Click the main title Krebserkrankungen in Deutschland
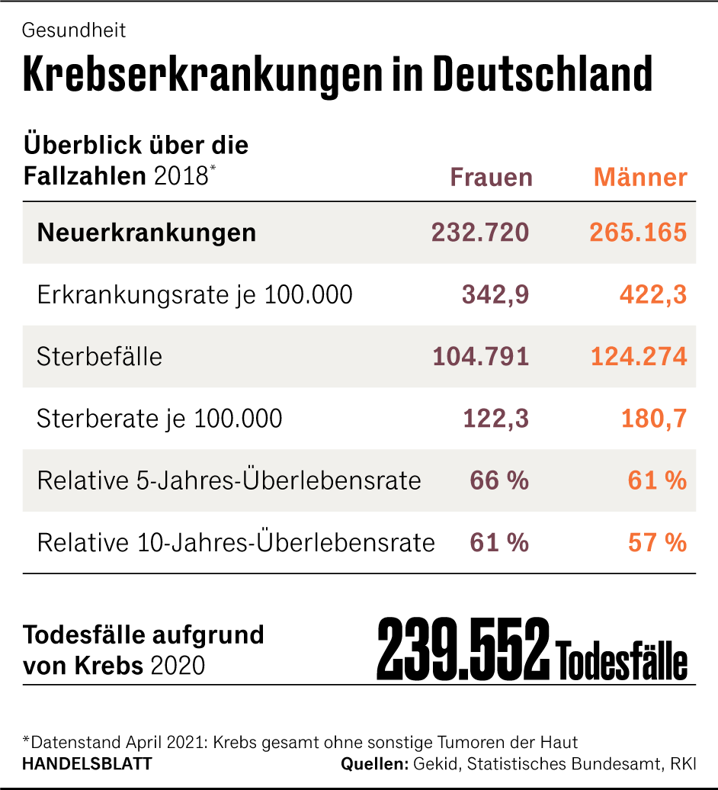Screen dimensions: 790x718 [x=338, y=75]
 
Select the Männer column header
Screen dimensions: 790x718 [x=640, y=178]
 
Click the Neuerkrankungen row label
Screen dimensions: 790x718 [x=146, y=233]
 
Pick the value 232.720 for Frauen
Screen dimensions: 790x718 [x=480, y=233]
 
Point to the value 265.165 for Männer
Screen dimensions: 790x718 [x=638, y=233]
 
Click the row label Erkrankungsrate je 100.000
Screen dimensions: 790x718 [x=194, y=295]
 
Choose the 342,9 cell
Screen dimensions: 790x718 [x=495, y=295]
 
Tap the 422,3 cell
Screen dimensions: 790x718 [x=653, y=295]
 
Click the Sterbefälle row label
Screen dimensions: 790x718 [x=99, y=357]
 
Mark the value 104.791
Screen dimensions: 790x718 [x=480, y=357]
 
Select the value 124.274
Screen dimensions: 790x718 [x=638, y=357]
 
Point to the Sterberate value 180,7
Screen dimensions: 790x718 [x=653, y=419]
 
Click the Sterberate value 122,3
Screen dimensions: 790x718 [x=495, y=419]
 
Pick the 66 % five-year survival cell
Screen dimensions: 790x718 [x=499, y=481]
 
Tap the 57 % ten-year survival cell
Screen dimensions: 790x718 [x=657, y=543]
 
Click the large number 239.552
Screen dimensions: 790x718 [x=463, y=650]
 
